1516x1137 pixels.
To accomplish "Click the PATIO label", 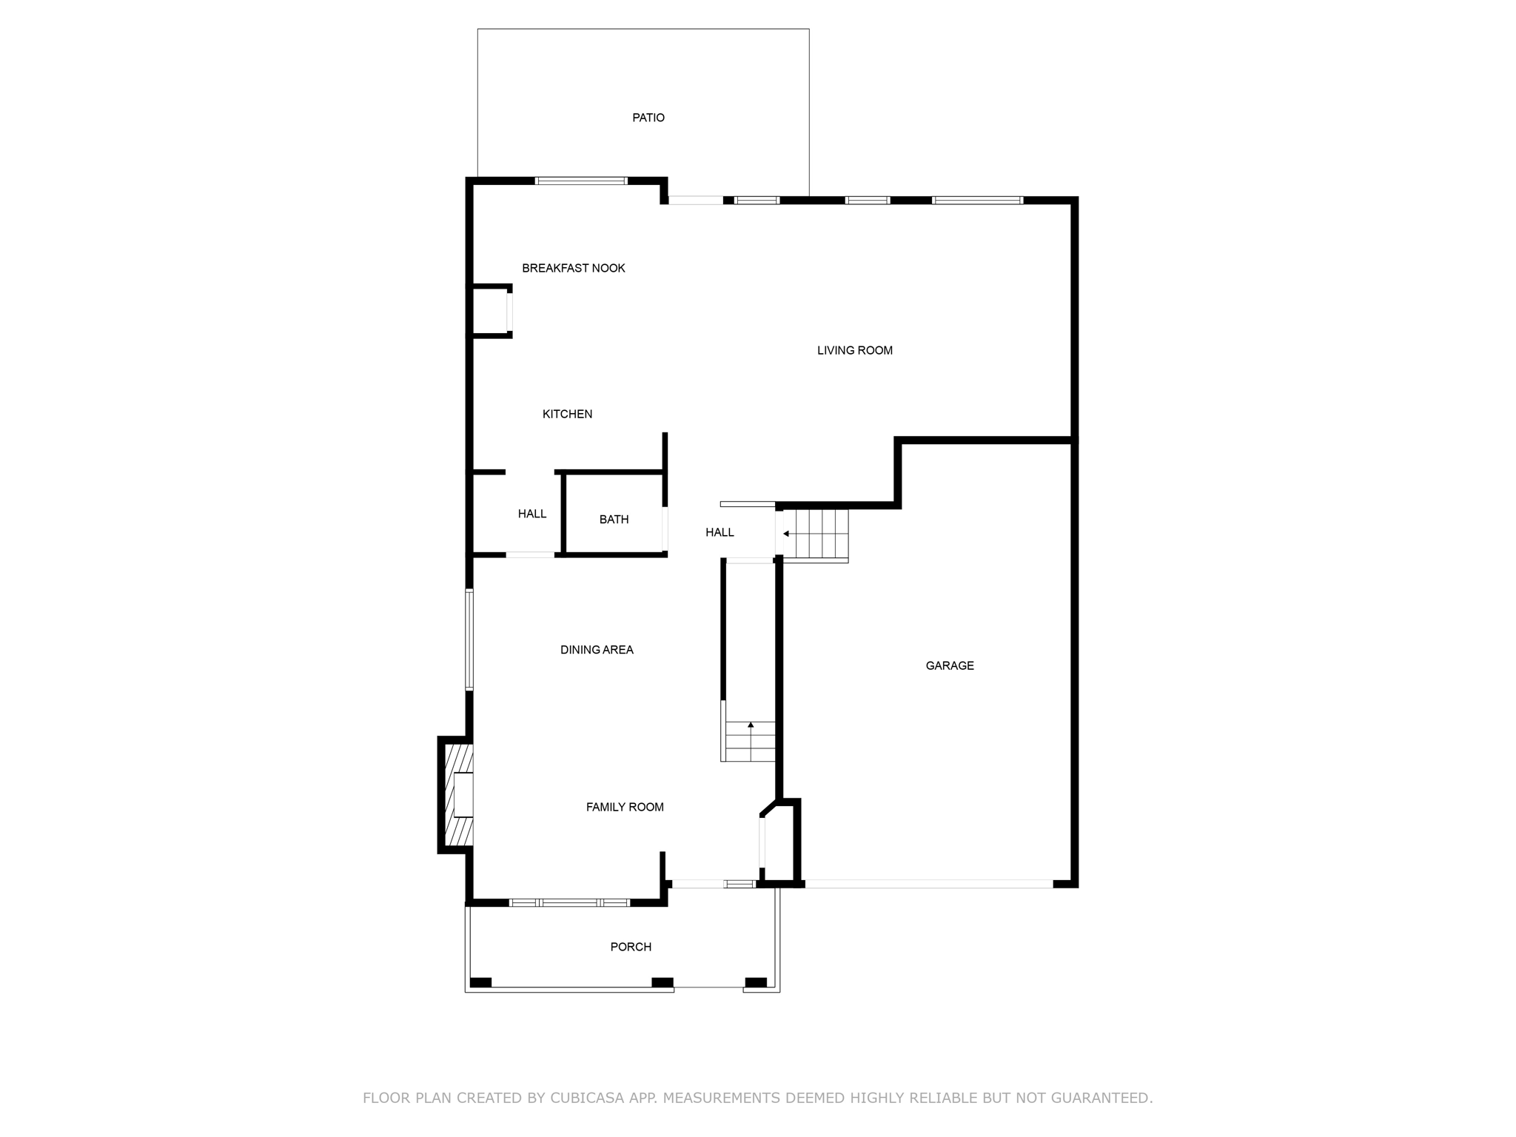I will tap(648, 118).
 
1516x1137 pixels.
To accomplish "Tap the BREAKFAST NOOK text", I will tap(573, 268).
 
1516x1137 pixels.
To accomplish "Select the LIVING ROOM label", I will tap(854, 350).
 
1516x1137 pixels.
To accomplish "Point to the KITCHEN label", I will tap(567, 414).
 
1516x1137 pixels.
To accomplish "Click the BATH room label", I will tap(614, 520).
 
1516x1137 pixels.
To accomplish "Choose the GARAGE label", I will tap(949, 665).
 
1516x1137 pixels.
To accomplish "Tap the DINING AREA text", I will tap(597, 650).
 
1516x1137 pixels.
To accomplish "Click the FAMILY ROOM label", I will tap(625, 807).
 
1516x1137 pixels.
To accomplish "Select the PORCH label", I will tap(631, 947).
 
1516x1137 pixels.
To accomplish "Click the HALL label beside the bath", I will tap(531, 514).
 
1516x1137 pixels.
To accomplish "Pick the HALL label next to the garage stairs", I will tap(720, 532).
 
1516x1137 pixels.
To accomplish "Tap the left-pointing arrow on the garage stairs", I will tap(785, 534).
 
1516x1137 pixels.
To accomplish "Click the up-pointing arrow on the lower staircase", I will tap(751, 725).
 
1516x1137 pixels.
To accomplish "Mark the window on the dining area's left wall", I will tap(469, 640).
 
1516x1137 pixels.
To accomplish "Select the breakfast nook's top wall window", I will tap(581, 181).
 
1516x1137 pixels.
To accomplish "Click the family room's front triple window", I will tap(569, 902).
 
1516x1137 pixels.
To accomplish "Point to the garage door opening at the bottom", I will tap(928, 884).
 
